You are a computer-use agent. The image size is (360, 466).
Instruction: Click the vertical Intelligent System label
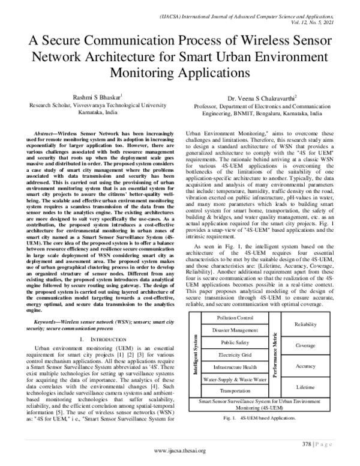195,354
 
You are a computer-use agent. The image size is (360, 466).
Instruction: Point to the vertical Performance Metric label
275,354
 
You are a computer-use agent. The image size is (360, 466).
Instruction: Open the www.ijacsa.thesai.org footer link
180,450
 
